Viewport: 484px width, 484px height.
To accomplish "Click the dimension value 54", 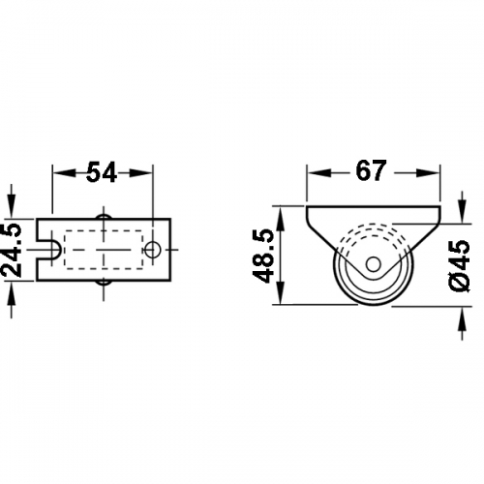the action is tap(102, 173).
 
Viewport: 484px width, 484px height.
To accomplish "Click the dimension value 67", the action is tap(371, 170).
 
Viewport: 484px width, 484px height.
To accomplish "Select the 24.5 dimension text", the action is tap(12, 250).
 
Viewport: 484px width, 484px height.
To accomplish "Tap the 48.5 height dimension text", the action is tap(263, 257).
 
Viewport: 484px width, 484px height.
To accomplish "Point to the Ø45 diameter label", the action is tap(459, 266).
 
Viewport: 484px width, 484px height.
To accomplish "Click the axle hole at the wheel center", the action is tap(374, 264).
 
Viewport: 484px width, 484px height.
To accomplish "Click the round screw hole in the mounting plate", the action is tap(153, 250).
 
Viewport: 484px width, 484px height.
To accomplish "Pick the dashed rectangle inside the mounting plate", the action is tap(104, 250).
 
